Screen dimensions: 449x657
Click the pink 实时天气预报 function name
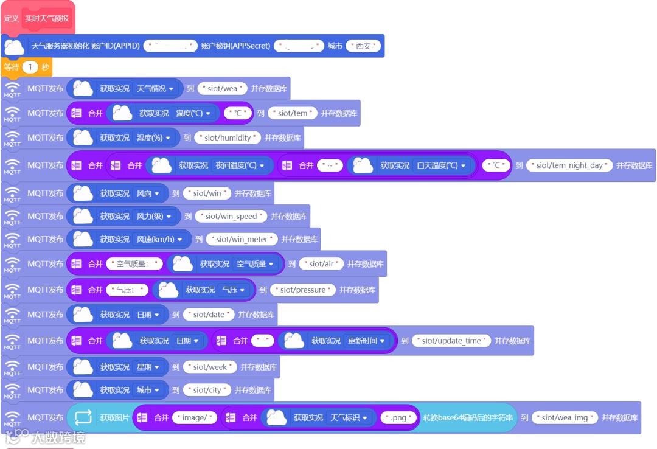(47, 18)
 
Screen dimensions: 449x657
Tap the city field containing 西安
(363, 46)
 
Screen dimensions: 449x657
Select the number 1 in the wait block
(30, 67)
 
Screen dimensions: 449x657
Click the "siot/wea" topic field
(223, 89)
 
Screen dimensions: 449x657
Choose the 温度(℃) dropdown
(193, 113)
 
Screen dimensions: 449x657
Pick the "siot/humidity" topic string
(228, 138)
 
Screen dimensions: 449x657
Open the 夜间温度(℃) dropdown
(240, 165)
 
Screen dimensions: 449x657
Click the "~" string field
(330, 165)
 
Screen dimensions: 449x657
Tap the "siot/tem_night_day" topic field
(569, 165)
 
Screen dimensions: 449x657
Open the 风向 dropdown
(148, 193)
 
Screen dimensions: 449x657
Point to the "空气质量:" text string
(134, 264)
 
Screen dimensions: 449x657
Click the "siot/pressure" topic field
(302, 290)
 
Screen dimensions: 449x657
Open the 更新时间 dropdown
(366, 341)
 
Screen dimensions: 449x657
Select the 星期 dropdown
(148, 367)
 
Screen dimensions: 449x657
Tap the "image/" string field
(195, 418)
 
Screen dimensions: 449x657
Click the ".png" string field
(399, 418)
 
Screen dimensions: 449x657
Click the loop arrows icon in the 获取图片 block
(83, 417)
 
